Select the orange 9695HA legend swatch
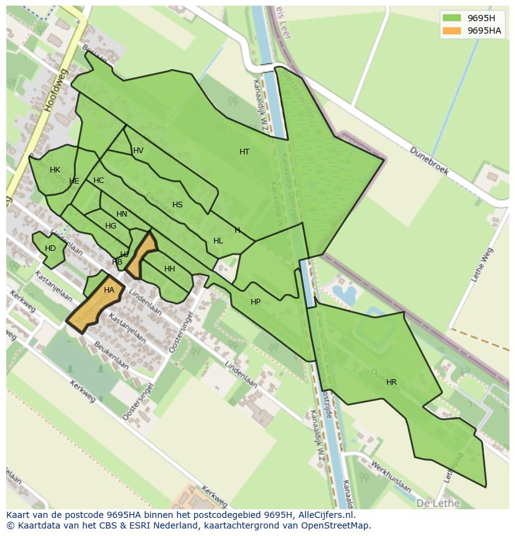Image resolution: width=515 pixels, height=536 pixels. (452, 31)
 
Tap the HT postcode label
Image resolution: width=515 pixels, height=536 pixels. (244, 152)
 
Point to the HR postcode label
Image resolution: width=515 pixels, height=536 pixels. (391, 382)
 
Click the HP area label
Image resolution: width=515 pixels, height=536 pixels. (256, 302)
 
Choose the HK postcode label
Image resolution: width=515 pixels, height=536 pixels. (55, 170)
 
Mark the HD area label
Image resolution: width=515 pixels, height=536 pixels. (50, 248)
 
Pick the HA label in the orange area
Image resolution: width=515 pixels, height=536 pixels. (109, 290)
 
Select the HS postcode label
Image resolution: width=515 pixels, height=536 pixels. (177, 205)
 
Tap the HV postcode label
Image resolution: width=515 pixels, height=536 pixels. (138, 151)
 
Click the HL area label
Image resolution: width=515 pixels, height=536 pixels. (218, 241)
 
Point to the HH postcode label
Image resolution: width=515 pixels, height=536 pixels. (169, 269)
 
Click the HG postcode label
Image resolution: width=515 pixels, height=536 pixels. (111, 226)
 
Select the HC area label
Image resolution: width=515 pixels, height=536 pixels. (98, 181)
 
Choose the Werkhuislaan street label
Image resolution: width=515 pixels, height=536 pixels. (390, 476)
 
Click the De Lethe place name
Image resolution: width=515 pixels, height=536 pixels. (438, 503)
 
